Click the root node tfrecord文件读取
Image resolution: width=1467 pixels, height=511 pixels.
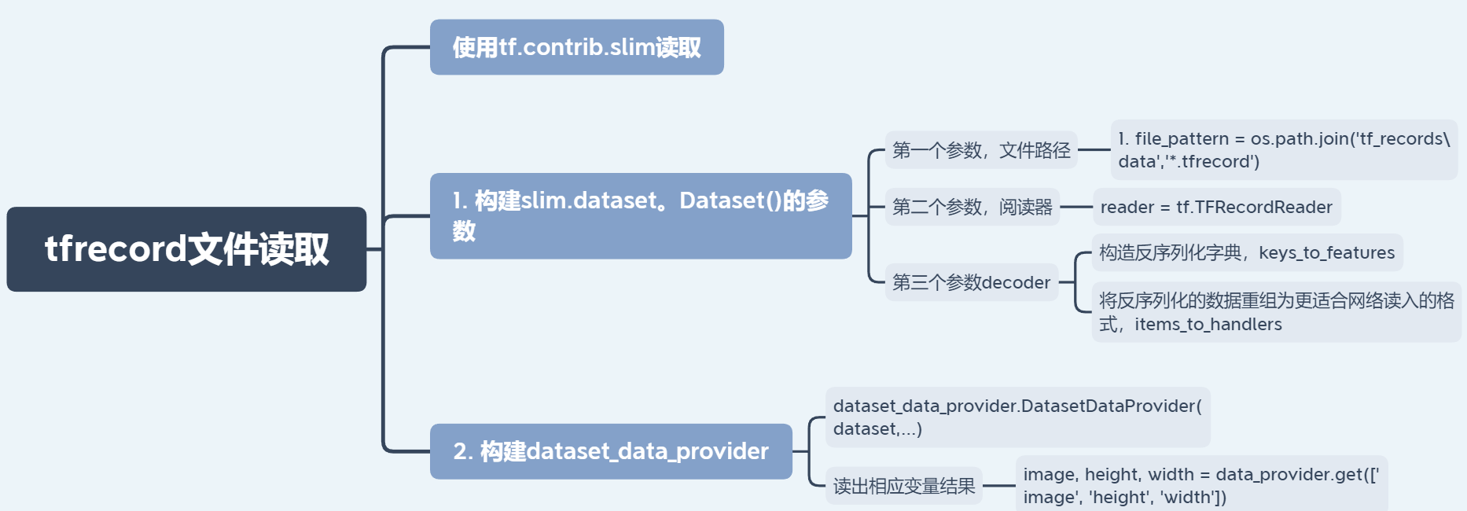[x=186, y=249]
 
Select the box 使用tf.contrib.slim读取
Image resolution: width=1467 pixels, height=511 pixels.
[x=576, y=47]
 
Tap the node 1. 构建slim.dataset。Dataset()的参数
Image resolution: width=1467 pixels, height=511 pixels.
[x=640, y=215]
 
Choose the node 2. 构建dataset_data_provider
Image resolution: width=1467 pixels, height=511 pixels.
[x=610, y=451]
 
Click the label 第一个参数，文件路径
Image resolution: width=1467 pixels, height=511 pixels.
[x=980, y=149]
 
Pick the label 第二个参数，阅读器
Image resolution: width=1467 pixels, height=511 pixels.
[x=972, y=207]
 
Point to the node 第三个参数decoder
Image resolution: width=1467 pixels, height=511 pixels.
[x=971, y=282]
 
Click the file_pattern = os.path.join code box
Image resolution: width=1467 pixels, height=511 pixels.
[x=1283, y=149]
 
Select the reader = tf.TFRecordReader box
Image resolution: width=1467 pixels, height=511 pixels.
[x=1215, y=207]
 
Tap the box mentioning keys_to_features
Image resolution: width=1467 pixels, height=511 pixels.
[x=1246, y=252]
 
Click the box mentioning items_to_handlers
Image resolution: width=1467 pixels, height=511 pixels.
[x=1275, y=312]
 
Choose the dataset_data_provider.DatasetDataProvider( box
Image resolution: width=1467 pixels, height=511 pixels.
[x=1017, y=417]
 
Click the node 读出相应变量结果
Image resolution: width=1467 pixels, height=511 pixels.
[x=903, y=486]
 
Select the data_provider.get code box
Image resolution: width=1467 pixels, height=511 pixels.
[x=1200, y=485]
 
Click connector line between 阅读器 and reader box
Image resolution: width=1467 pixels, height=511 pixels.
[x=1076, y=207]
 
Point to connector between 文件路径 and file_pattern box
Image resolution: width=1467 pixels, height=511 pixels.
[x=1094, y=149]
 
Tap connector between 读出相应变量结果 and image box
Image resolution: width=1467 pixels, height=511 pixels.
[x=998, y=486]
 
